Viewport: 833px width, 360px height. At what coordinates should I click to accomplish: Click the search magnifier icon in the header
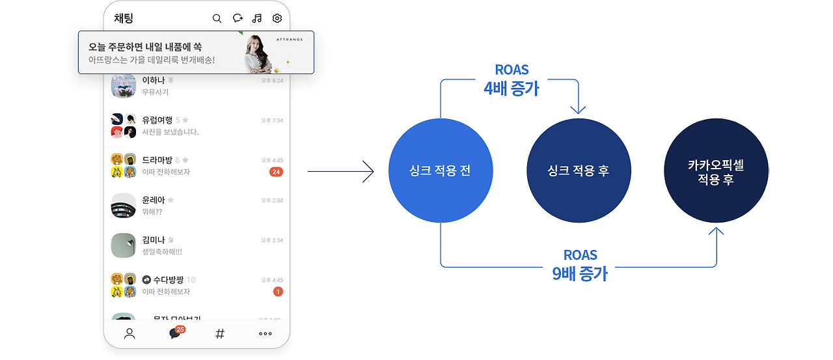[x=217, y=18]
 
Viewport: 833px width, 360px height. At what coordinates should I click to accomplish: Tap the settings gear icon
[x=277, y=18]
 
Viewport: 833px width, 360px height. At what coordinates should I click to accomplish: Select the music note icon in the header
[x=257, y=18]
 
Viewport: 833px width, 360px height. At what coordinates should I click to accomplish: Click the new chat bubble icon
[x=238, y=18]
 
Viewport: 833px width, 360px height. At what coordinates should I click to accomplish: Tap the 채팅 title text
[x=124, y=18]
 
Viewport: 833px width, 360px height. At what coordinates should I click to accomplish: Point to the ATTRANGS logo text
[x=290, y=38]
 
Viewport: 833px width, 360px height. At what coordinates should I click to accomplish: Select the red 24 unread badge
[x=276, y=172]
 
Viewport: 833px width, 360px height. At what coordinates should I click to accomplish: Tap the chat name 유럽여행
[x=157, y=120]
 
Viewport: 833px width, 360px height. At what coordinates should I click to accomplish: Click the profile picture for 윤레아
[x=123, y=206]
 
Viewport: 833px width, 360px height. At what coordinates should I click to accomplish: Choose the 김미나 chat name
[x=154, y=240]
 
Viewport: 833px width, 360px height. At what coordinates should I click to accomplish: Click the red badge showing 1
[x=278, y=292]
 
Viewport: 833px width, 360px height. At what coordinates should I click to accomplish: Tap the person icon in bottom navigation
[x=130, y=334]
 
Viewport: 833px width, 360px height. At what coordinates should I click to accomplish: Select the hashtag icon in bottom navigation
[x=220, y=334]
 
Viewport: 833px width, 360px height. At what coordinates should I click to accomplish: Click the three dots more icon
[x=265, y=334]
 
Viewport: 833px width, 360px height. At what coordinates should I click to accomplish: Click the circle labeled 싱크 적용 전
[x=439, y=171]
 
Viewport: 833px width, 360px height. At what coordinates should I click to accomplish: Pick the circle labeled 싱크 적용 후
[x=578, y=171]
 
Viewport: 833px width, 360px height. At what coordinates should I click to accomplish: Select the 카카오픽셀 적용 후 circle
[x=716, y=171]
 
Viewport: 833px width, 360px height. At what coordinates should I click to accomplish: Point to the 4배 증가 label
[x=512, y=89]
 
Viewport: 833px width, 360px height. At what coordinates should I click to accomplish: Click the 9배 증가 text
[x=580, y=273]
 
